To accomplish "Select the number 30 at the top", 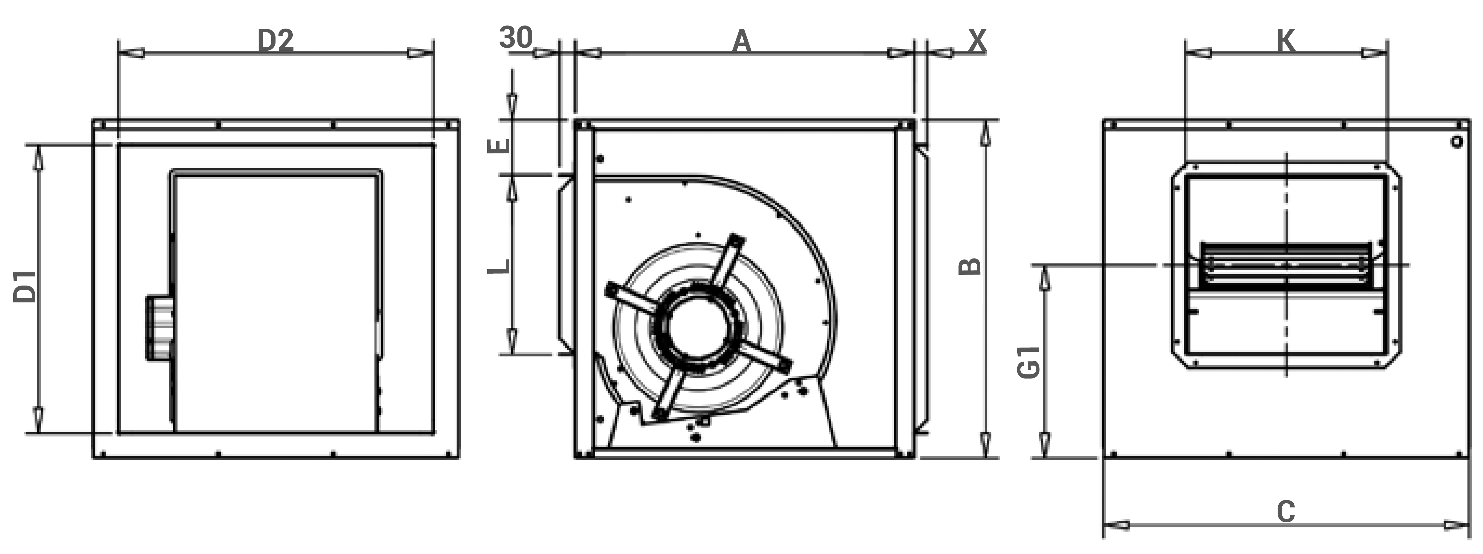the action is [516, 38].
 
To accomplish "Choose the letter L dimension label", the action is [499, 266].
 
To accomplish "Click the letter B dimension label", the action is [970, 266].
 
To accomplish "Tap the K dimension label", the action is [1286, 41].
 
